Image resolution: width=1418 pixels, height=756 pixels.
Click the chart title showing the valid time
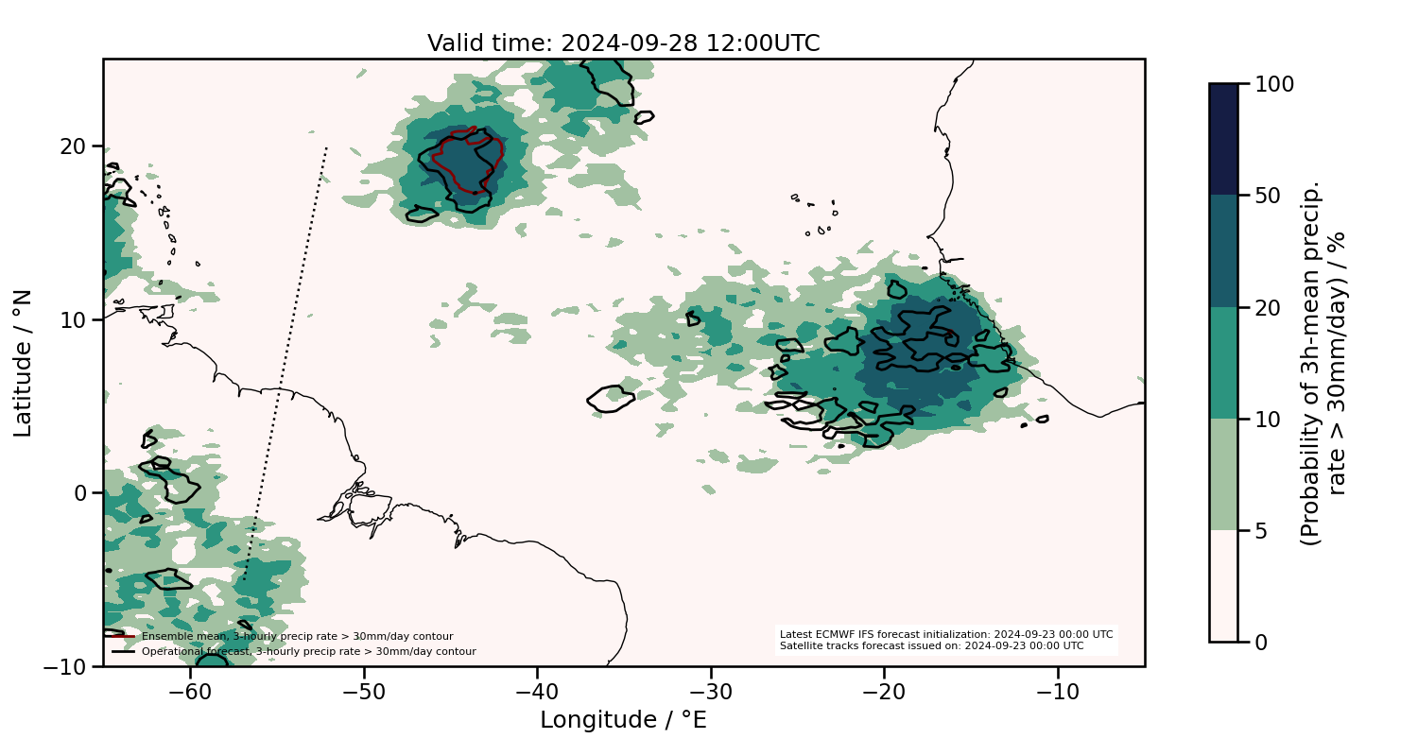click(x=623, y=43)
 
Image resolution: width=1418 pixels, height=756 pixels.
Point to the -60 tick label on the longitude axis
click(x=190, y=693)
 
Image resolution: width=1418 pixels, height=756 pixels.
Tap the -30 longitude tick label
click(x=711, y=693)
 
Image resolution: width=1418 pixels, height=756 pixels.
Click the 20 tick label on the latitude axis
click(x=75, y=146)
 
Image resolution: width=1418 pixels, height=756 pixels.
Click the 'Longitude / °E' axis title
click(x=623, y=720)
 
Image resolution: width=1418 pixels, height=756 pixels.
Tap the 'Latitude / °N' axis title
click(x=24, y=363)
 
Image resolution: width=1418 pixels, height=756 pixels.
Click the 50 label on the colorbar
click(x=1266, y=196)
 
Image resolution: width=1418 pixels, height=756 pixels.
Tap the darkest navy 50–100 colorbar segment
click(x=1223, y=139)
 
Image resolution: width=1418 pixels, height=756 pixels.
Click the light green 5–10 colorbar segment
click(x=1223, y=474)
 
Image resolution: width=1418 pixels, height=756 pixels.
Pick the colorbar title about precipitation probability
click(x=1323, y=363)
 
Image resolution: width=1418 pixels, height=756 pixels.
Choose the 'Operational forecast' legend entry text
click(x=308, y=651)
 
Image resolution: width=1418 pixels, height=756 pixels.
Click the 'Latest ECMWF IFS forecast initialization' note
click(x=946, y=634)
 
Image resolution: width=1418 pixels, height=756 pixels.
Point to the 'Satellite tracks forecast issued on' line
click(x=931, y=646)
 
